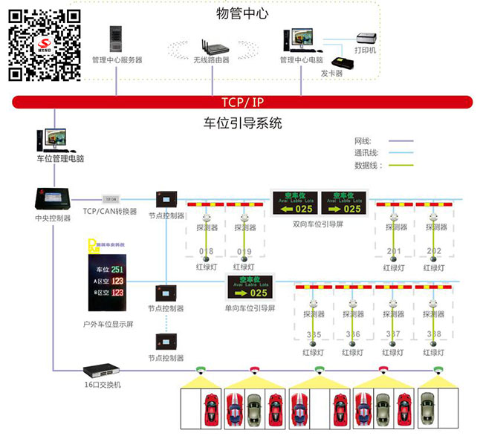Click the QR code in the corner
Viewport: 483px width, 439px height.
coord(44,43)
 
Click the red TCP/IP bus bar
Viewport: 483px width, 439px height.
coord(241,102)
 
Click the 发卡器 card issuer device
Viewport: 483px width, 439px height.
coord(337,62)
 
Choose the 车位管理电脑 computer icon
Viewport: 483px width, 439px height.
coord(52,140)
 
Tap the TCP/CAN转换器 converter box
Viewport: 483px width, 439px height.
coord(110,198)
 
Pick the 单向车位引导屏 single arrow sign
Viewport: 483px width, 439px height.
coord(250,287)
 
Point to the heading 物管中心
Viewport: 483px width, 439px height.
coord(242,13)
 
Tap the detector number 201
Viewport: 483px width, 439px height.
coord(393,251)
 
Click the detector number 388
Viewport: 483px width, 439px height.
coord(434,334)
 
